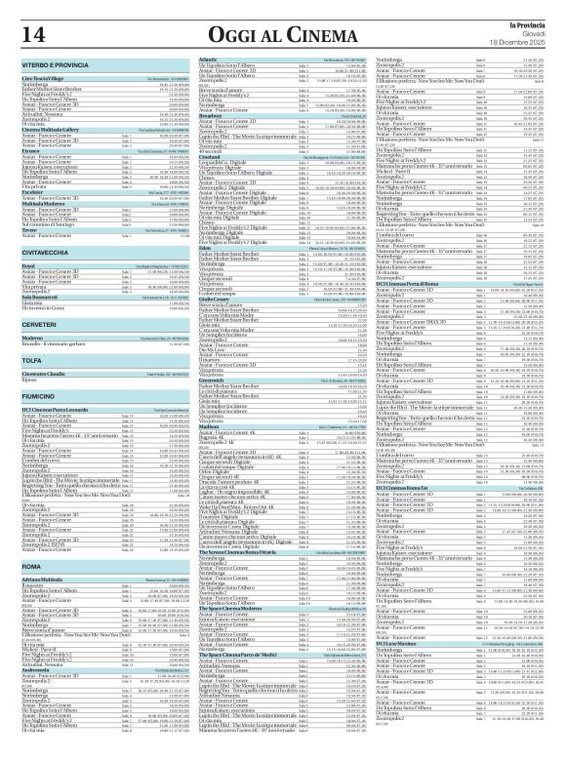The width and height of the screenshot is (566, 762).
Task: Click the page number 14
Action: pos(37,33)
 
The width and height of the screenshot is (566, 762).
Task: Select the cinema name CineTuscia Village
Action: pos(44,75)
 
